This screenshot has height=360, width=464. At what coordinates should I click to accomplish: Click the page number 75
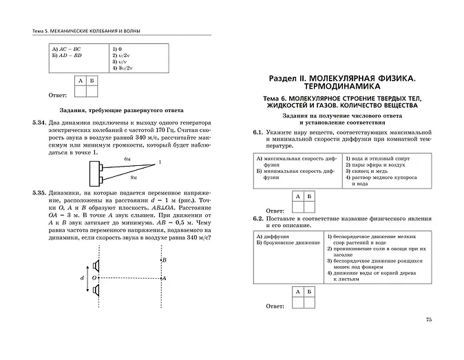429,319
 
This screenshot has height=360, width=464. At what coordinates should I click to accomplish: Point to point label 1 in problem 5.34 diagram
159,162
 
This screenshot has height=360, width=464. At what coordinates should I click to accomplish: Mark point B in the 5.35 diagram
163,260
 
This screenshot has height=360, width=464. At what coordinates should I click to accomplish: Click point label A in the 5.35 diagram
164,278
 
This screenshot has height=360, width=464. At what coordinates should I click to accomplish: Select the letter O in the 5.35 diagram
93,278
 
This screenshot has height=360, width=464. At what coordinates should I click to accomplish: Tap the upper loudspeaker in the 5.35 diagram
98,266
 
